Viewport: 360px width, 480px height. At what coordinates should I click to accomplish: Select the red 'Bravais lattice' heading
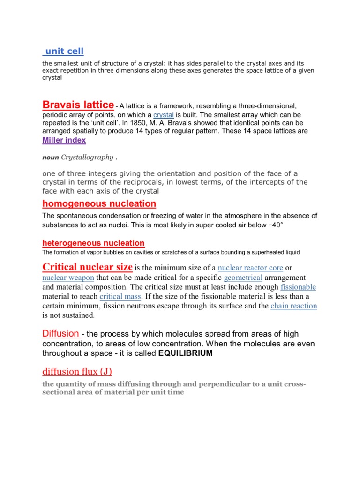[78, 105]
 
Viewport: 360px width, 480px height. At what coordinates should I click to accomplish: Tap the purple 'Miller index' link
[64, 140]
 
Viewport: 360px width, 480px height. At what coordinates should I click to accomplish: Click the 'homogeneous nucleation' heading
[99, 203]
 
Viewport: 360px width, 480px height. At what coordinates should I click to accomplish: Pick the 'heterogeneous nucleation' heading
[93, 243]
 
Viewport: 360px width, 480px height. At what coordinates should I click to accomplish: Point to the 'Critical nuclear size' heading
[88, 267]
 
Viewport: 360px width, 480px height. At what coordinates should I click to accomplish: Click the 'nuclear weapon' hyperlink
[68, 277]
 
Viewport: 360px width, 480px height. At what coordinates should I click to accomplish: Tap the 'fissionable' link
[298, 287]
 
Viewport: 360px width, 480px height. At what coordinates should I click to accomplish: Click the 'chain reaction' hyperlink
[294, 306]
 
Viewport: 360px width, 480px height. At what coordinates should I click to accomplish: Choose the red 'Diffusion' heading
[61, 334]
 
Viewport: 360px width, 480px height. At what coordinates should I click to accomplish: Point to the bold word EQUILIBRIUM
[185, 353]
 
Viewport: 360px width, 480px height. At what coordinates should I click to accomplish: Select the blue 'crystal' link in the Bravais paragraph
[163, 115]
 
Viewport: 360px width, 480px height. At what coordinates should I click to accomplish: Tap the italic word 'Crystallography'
[87, 157]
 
